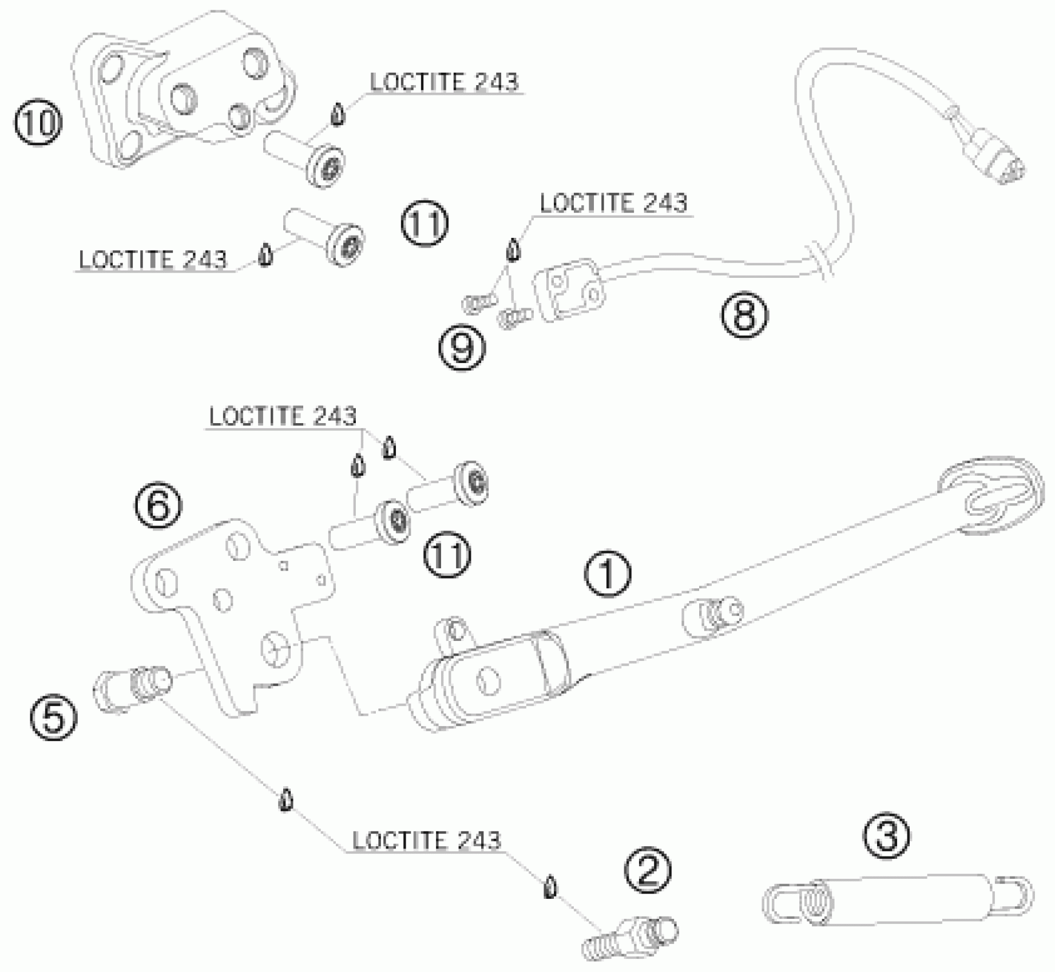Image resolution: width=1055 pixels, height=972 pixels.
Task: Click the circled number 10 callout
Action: coord(38,124)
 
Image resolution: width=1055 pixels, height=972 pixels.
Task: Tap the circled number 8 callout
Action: coord(744,315)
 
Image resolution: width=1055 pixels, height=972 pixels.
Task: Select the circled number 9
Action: coord(462,348)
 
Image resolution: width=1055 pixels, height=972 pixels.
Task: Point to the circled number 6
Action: coord(158,505)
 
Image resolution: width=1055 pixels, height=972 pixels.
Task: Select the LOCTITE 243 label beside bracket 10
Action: coord(444,82)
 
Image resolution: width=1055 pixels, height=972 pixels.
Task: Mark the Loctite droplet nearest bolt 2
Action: coord(549,887)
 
